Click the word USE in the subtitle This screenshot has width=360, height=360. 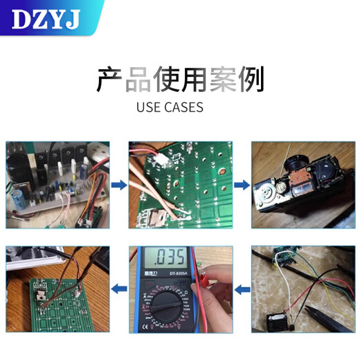click(x=148, y=107)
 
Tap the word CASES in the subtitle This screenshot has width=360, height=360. click(x=183, y=107)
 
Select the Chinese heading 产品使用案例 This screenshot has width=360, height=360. click(x=179, y=80)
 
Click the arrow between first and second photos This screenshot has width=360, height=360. click(x=118, y=186)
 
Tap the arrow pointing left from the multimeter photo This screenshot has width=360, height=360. click(x=118, y=288)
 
